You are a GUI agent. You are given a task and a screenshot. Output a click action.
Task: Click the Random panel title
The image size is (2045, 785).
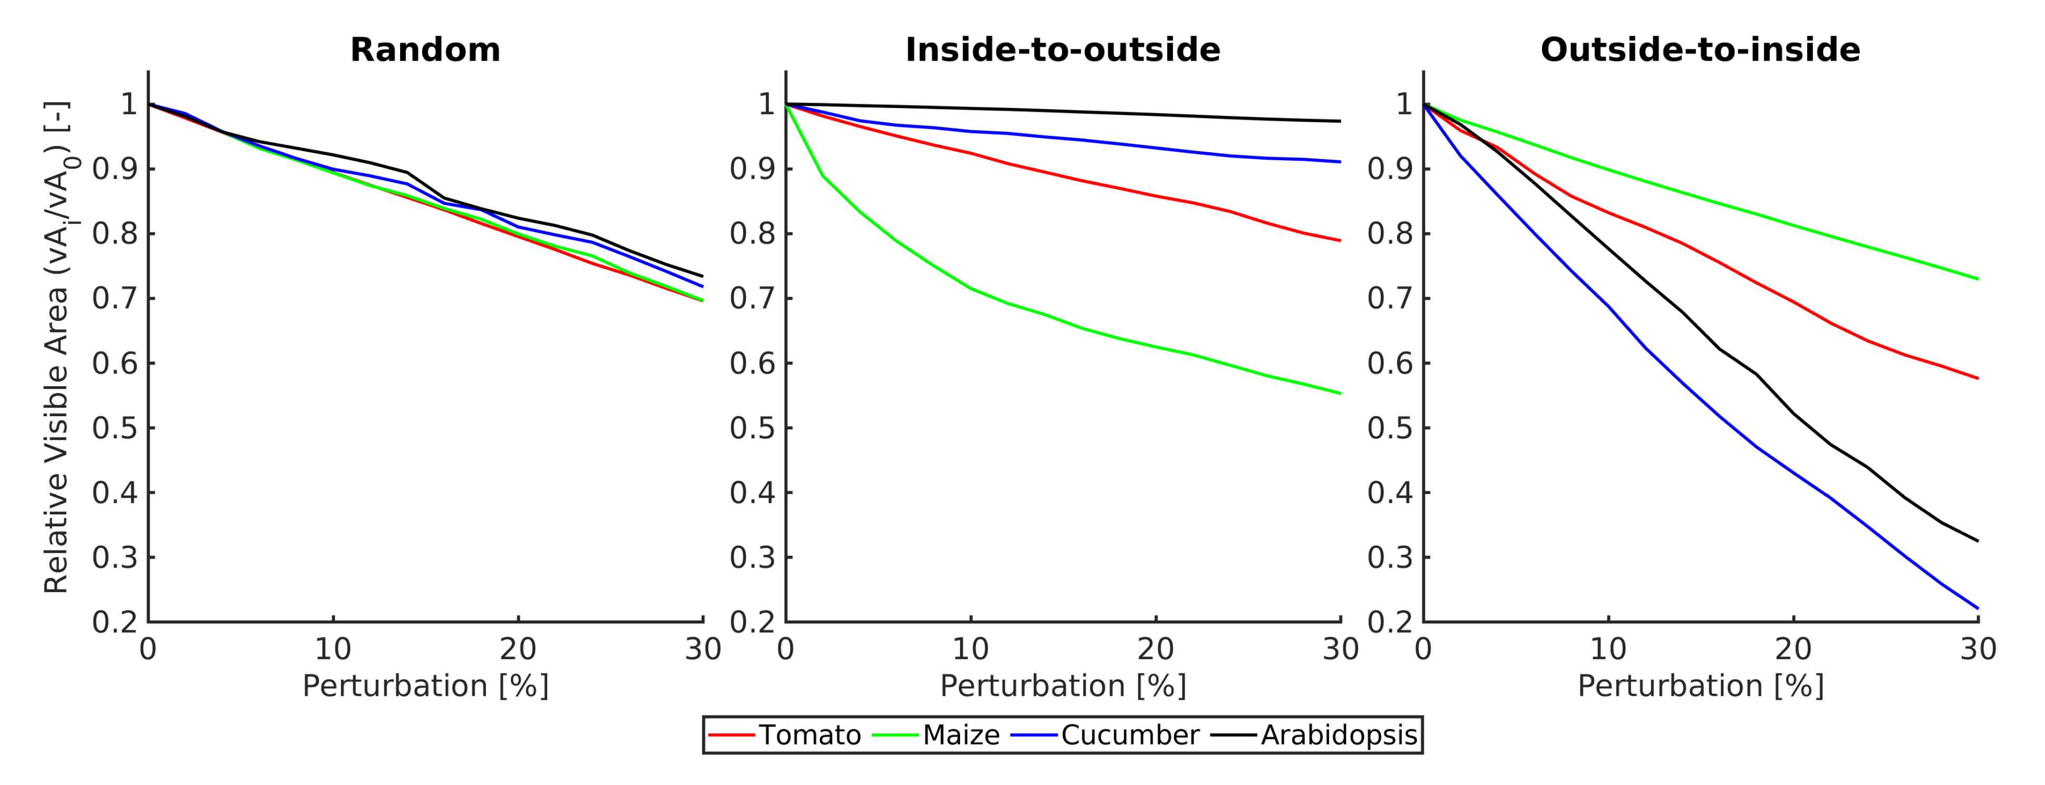pos(425,50)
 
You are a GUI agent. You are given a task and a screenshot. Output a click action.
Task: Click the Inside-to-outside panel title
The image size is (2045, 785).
pos(1062,50)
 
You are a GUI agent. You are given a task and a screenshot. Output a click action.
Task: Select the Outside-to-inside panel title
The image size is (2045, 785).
pos(1700,50)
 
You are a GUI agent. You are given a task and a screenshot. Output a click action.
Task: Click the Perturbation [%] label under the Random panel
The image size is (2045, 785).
pos(425,686)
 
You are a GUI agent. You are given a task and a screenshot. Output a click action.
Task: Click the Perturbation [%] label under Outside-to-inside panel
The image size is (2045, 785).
pos(1700,686)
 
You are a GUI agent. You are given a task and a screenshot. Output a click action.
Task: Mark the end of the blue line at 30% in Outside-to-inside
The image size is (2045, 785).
pos(1976,608)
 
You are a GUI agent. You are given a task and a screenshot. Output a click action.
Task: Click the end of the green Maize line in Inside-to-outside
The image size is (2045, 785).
pos(1339,393)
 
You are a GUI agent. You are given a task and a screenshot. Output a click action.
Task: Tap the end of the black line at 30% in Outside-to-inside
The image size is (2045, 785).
pos(1976,541)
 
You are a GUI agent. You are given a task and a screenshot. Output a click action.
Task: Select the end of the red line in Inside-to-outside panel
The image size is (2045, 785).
pos(1339,240)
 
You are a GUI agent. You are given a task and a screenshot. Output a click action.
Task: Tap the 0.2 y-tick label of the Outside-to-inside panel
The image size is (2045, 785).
pos(1389,622)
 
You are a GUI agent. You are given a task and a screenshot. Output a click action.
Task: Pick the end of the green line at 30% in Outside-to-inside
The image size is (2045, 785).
pos(1976,279)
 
